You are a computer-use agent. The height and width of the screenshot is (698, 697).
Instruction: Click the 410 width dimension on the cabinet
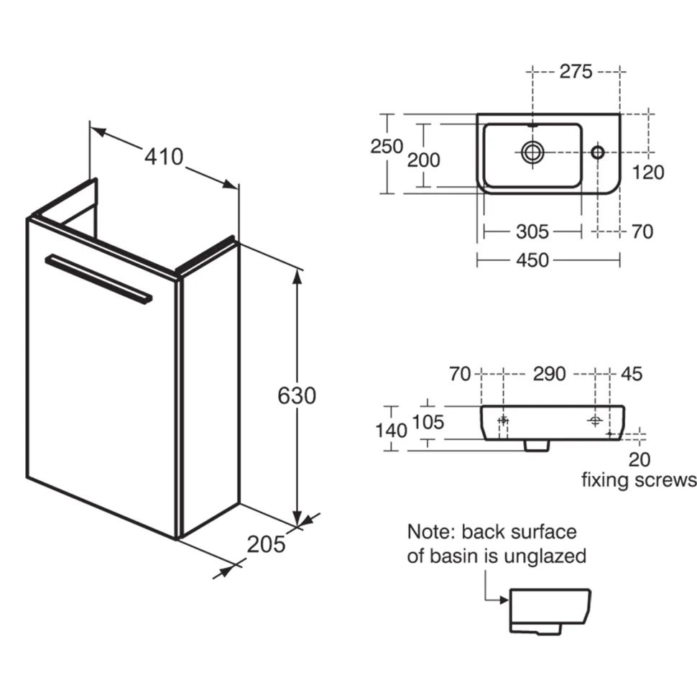point(164,157)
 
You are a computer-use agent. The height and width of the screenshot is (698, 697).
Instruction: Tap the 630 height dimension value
point(297,395)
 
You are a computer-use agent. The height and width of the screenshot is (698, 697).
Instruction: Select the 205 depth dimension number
point(266,544)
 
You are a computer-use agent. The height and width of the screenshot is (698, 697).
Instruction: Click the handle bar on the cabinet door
point(98,279)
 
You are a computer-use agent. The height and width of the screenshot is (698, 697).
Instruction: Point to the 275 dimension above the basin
point(576,71)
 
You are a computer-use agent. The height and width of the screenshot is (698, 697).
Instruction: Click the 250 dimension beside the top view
point(387,146)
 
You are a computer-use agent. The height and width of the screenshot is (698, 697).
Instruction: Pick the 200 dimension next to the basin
point(424,160)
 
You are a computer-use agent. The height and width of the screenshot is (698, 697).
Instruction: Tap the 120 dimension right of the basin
point(648,173)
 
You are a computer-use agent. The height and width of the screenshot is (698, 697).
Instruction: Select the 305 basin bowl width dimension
point(532,231)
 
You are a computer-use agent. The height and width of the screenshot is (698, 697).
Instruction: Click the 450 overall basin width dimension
point(532,260)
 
